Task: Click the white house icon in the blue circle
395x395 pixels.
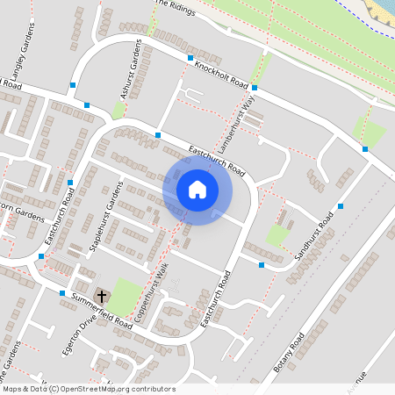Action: click(x=197, y=189)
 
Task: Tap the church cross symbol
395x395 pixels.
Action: click(x=101, y=297)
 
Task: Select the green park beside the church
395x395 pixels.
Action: click(x=125, y=295)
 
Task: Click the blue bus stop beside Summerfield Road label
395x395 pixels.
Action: click(x=61, y=293)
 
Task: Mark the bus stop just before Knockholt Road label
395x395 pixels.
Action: click(x=190, y=58)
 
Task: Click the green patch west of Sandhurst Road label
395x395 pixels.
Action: click(x=278, y=234)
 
